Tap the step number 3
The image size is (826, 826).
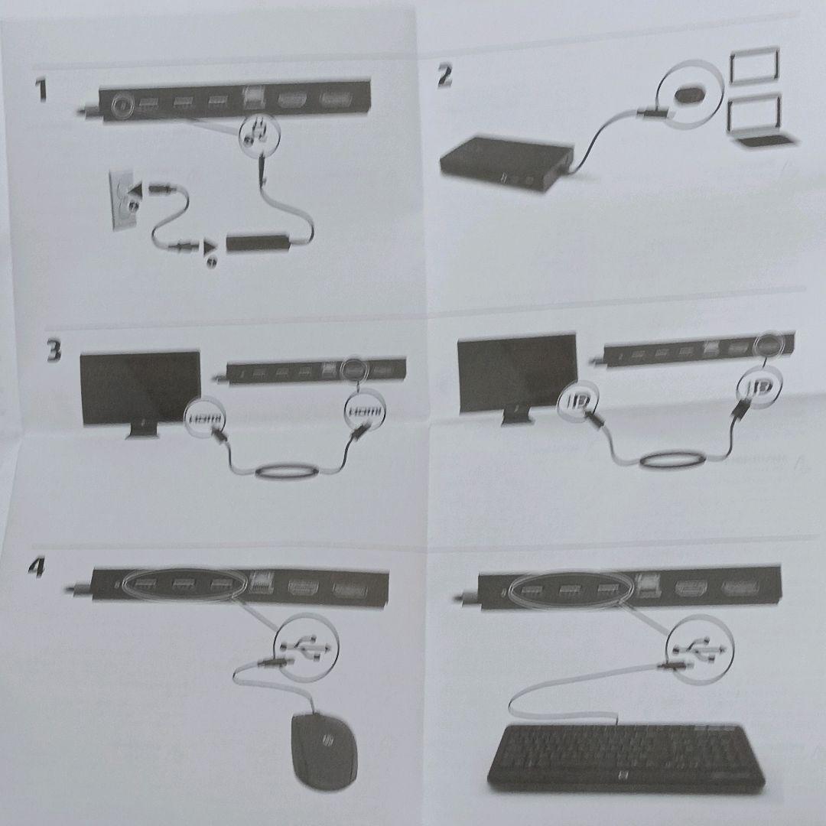click(53, 353)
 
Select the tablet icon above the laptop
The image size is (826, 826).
click(754, 67)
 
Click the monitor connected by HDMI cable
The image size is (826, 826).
click(141, 390)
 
